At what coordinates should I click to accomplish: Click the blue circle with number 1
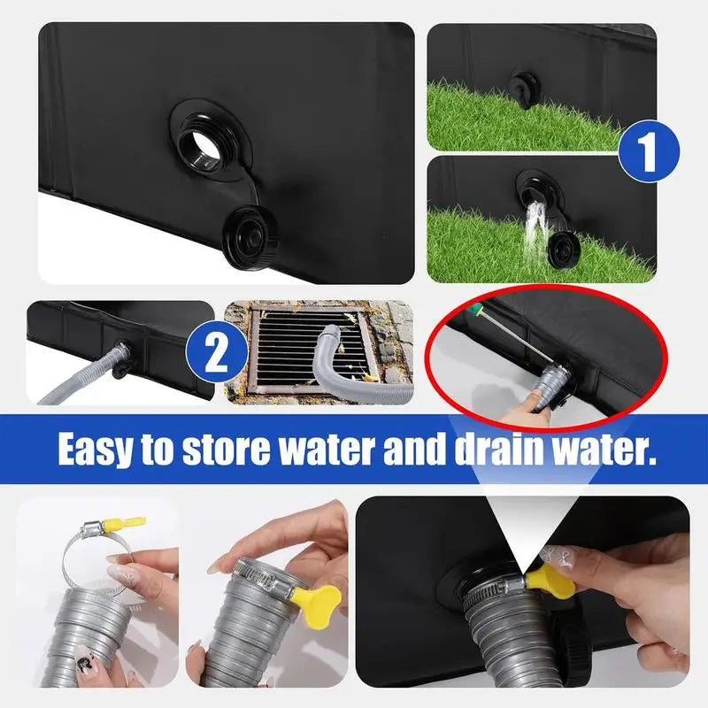click(649, 150)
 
